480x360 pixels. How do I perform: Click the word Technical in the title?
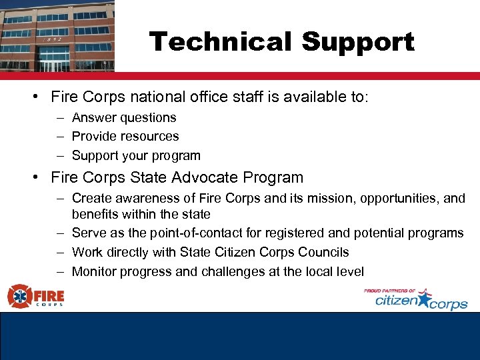point(220,42)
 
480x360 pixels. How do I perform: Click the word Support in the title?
point(357,43)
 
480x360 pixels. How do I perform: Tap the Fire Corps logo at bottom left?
point(36,295)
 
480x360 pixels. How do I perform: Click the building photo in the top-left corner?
point(57,35)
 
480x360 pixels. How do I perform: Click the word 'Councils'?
point(325,253)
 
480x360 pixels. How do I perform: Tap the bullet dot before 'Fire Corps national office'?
point(34,97)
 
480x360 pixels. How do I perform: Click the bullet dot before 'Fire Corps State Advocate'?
point(34,178)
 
